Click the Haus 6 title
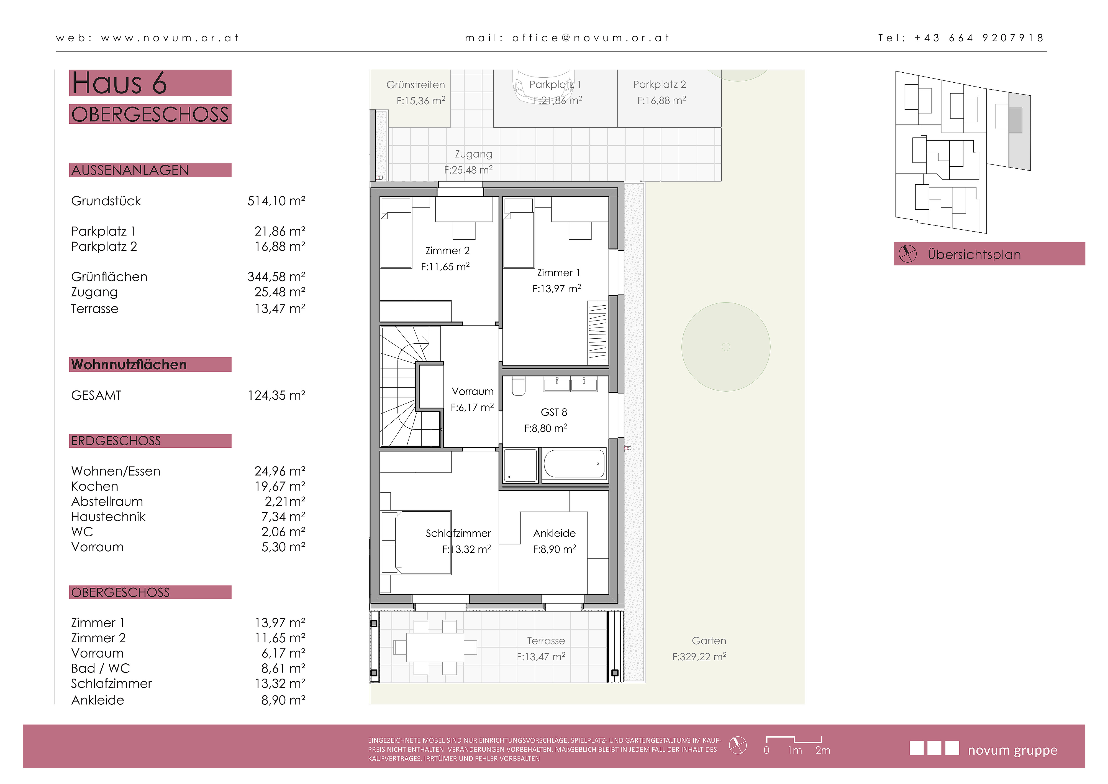[x=119, y=83]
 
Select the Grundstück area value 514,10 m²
[x=276, y=201]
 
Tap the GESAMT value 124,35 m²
[x=276, y=395]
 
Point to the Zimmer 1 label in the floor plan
[x=558, y=273]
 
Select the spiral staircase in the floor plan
[x=410, y=386]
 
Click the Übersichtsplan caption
[x=974, y=255]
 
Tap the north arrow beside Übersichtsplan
[x=907, y=253]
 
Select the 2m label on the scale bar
[x=823, y=750]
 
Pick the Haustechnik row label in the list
[x=108, y=517]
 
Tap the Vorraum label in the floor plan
[x=473, y=391]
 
